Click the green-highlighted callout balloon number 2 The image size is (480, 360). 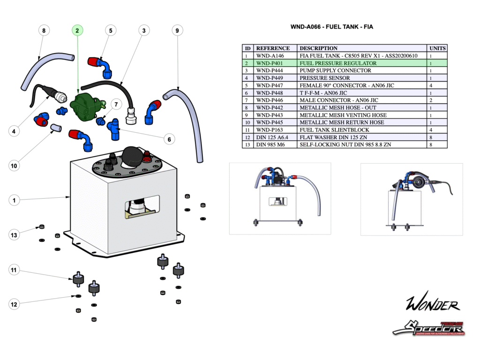77,30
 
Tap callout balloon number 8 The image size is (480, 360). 44,30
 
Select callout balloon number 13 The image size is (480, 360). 14,234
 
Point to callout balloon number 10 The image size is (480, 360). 14,165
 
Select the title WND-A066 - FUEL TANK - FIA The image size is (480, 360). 332,27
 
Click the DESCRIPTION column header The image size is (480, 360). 318,48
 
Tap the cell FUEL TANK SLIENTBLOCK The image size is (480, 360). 334,130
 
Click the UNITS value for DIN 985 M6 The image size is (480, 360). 430,145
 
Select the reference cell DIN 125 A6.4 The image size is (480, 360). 271,137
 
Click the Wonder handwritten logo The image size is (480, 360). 432,305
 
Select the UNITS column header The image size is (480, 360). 437,48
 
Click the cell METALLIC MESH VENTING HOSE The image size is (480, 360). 343,115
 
